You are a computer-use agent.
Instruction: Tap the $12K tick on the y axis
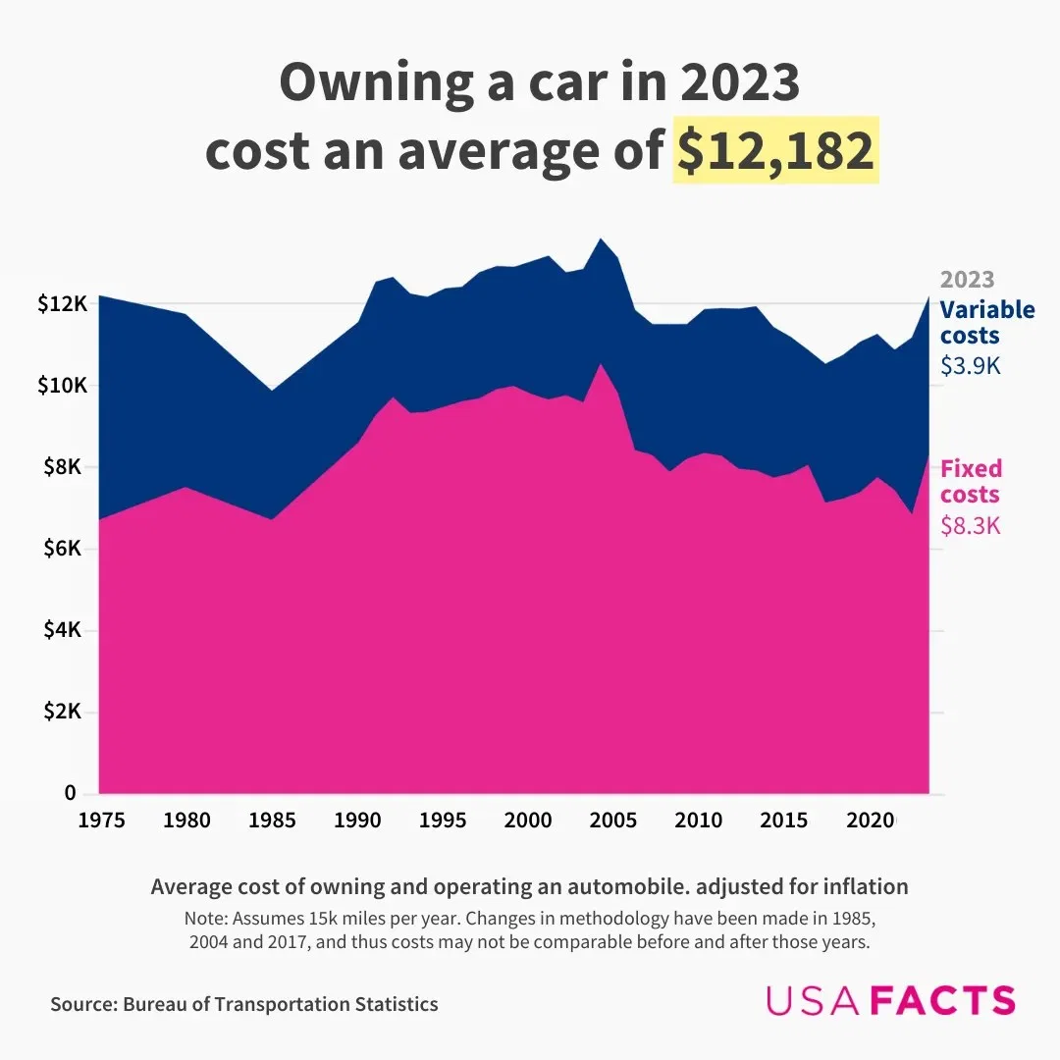coord(63,304)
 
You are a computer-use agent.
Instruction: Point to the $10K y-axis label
coord(63,386)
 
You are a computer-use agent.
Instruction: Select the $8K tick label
coord(67,467)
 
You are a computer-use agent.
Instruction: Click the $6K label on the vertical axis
coord(67,549)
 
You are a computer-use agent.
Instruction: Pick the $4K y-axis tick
coord(67,630)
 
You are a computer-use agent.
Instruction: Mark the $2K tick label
coord(67,712)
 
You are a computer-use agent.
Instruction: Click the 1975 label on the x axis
coord(101,820)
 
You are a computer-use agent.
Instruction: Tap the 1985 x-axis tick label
coord(272,820)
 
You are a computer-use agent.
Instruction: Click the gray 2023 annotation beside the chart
coord(967,280)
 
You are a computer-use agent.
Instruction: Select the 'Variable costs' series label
coord(986,322)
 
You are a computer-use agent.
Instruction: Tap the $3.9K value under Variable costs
coord(970,366)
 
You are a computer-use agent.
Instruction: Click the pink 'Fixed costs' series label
coord(971,481)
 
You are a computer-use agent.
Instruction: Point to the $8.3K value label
coord(970,526)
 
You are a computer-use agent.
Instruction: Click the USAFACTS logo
coord(890,1000)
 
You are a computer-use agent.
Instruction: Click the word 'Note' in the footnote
coord(202,920)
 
